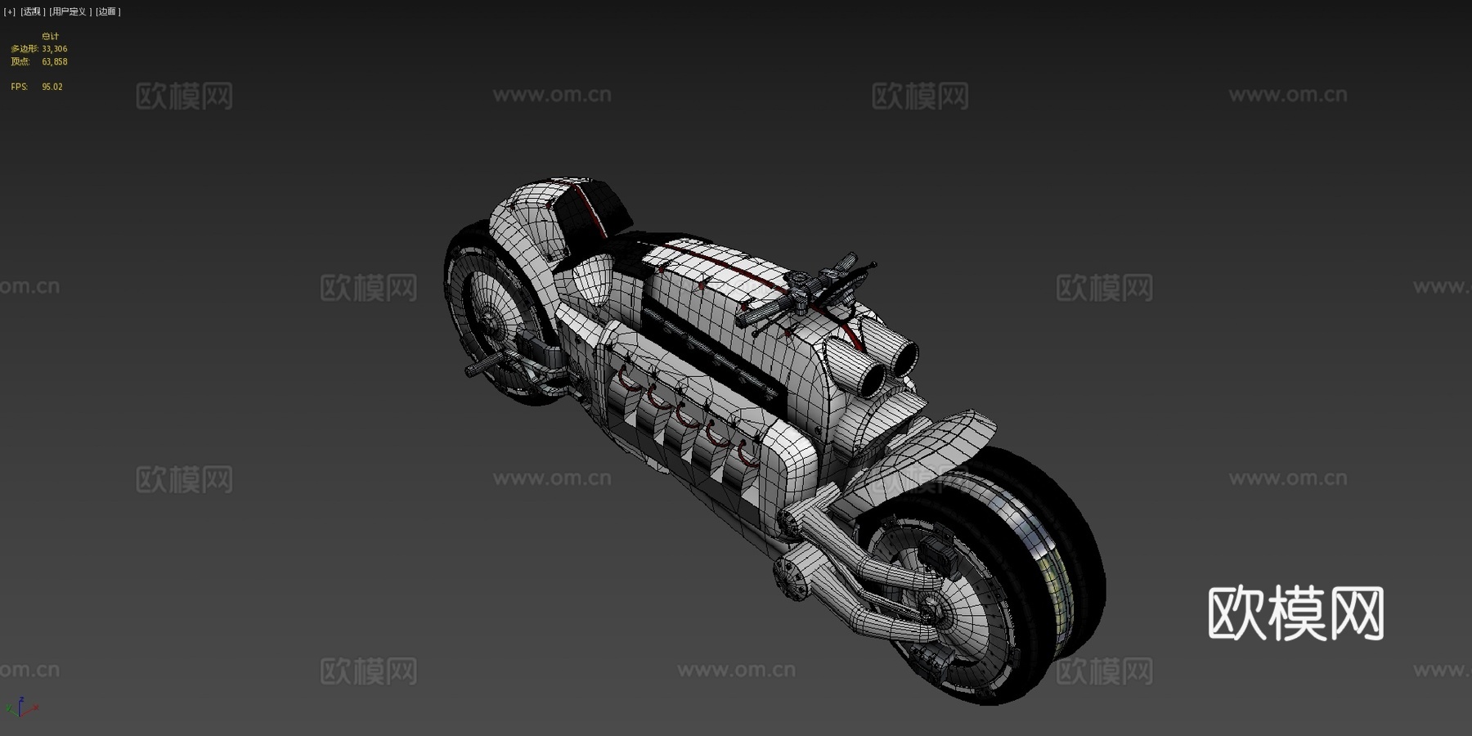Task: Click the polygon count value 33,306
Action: click(x=55, y=49)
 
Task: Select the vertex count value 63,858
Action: click(x=55, y=61)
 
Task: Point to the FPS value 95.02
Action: click(x=52, y=87)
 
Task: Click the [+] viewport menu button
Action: click(x=10, y=11)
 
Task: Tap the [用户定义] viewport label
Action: click(x=69, y=11)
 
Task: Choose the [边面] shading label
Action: click(x=108, y=11)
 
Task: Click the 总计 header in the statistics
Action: click(x=50, y=36)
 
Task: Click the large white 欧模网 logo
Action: click(x=1295, y=613)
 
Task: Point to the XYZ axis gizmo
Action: click(x=21, y=707)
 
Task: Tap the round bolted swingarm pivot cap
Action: click(x=793, y=576)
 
